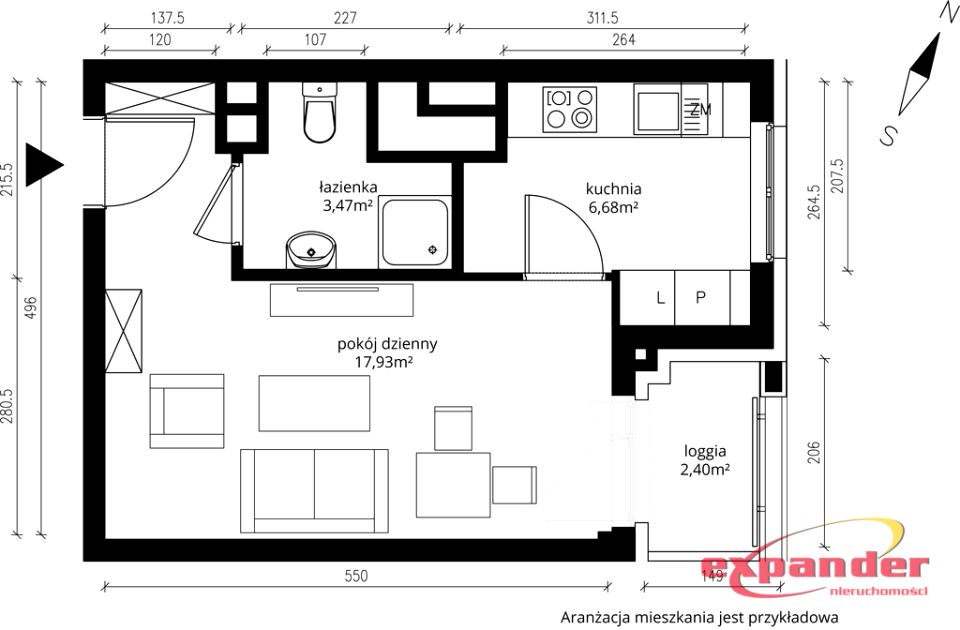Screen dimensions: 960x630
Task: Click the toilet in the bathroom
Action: click(x=319, y=113)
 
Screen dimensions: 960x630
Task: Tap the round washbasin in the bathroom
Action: click(x=311, y=250)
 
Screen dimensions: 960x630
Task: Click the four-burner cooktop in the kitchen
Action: click(x=569, y=110)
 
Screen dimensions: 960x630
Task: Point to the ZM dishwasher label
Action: click(x=700, y=110)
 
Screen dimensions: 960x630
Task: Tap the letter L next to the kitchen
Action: click(x=660, y=298)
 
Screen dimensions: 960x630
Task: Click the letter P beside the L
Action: click(x=700, y=298)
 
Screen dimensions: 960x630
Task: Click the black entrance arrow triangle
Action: click(x=44, y=165)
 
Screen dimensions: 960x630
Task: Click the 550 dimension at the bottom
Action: click(x=356, y=576)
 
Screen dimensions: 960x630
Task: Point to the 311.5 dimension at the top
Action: click(x=602, y=18)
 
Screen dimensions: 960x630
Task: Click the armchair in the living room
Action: click(x=187, y=411)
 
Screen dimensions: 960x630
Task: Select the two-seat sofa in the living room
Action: click(x=314, y=490)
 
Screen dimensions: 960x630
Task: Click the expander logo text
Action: click(x=815, y=568)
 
